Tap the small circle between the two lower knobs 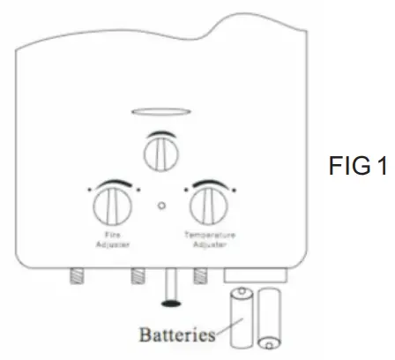pos(160,207)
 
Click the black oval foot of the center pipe pos(173,304)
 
